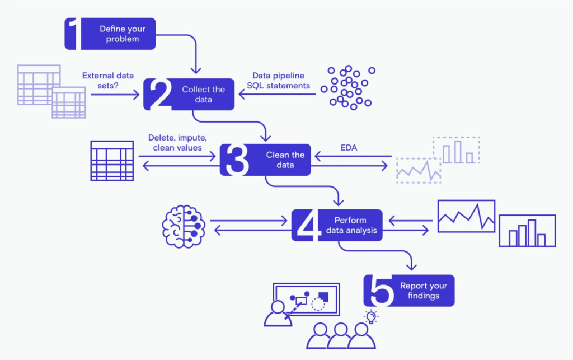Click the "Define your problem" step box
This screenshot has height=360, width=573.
pyautogui.click(x=110, y=34)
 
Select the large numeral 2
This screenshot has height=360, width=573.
pyautogui.click(x=161, y=94)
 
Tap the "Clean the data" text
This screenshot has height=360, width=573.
pyautogui.click(x=285, y=160)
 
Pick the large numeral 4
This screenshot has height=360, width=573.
pyautogui.click(x=306, y=225)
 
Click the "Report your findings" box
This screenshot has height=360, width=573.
pyautogui.click(x=409, y=291)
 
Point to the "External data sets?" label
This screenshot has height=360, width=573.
pyautogui.click(x=108, y=81)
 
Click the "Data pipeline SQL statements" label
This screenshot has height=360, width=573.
pyautogui.click(x=279, y=81)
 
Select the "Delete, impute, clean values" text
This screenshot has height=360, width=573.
pyautogui.click(x=177, y=143)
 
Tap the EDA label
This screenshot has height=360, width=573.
pyautogui.click(x=349, y=148)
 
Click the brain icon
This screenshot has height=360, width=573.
pyautogui.click(x=184, y=227)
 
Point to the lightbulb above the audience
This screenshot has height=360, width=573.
pyautogui.click(x=371, y=316)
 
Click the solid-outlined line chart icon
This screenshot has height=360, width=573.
pyautogui.click(x=466, y=216)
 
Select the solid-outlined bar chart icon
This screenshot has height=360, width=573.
pyautogui.click(x=527, y=231)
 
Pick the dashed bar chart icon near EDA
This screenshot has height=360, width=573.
pyautogui.click(x=456, y=150)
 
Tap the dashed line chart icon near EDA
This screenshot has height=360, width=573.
pyautogui.click(x=419, y=170)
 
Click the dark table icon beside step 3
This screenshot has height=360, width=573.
pyautogui.click(x=112, y=161)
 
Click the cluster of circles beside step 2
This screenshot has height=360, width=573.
pyautogui.click(x=347, y=88)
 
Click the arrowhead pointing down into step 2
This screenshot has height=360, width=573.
pyautogui.click(x=196, y=70)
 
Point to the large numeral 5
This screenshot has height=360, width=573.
pyautogui.click(x=381, y=291)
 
